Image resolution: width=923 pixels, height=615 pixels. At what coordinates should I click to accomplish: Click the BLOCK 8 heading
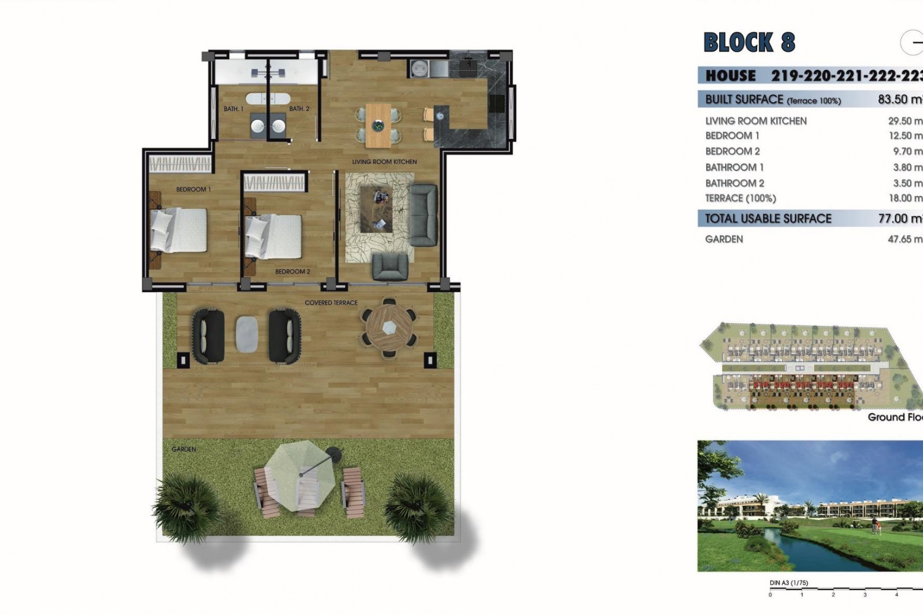749,42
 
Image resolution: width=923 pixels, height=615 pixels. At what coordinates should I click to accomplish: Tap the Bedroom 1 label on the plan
193,189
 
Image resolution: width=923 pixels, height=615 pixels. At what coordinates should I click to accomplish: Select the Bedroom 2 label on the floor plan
292,271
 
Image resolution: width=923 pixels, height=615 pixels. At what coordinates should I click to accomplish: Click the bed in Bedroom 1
179,230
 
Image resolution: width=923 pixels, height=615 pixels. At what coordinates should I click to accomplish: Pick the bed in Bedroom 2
273,237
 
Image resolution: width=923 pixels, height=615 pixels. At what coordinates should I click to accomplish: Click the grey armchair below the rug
390,267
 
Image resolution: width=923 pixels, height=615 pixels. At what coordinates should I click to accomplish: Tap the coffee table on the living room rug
377,209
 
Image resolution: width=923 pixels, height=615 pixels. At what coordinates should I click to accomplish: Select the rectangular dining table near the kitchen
379,125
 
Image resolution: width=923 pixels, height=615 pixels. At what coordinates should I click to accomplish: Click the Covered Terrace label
331,303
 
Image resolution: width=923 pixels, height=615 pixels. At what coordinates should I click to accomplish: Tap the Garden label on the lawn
184,449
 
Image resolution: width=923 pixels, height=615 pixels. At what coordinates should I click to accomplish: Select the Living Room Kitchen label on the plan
384,162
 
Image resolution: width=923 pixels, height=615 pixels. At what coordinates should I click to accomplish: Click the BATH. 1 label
233,109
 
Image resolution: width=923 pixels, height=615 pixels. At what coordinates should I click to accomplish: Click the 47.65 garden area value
904,239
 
